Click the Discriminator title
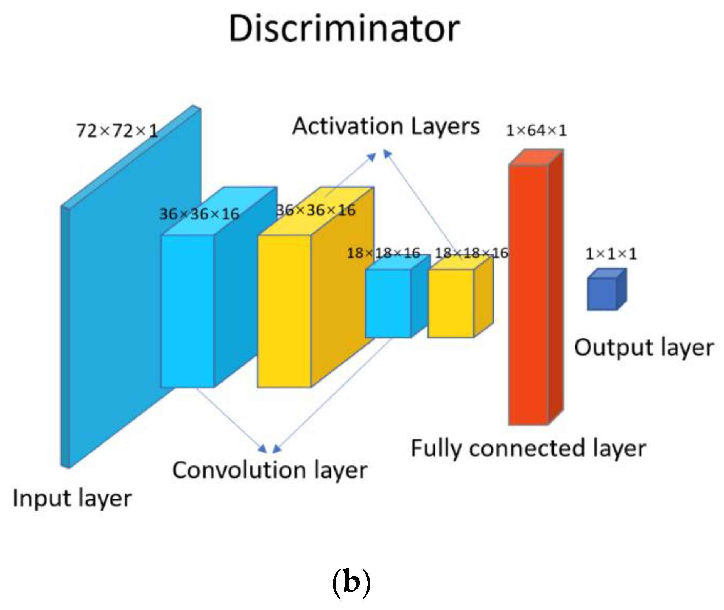pos(344,29)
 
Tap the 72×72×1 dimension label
pos(117,131)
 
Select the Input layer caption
pos(72,499)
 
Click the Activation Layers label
pos(386,126)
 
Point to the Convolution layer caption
pos(269,470)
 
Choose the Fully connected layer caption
pos(528,448)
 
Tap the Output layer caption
pos(644,348)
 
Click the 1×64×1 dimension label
pos(536,131)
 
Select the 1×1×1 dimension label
pos(611,254)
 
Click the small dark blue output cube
pos(602,294)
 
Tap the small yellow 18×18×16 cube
pos(451,303)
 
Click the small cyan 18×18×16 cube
pos(388,303)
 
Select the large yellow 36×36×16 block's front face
pos(284,311)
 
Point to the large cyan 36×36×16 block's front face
pos(187,311)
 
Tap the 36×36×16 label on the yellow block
pos(316,211)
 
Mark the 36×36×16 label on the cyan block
pos(199,214)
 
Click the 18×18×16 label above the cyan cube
pos(383,253)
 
